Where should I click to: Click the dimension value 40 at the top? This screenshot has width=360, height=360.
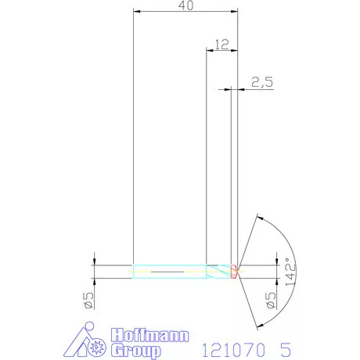point(186,5)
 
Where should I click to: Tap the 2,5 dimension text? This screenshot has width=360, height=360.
point(262,81)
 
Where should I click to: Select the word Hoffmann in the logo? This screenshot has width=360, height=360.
point(149,333)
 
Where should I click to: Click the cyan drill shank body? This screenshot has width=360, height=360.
point(169,272)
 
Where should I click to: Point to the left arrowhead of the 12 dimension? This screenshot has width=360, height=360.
point(209,51)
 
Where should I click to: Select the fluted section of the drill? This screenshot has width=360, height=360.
point(218,272)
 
